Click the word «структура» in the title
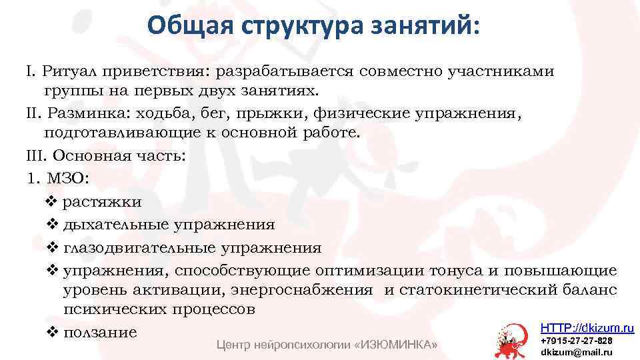[x=297, y=26]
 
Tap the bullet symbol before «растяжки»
[x=54, y=201]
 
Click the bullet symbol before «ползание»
[x=54, y=332]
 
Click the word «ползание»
[x=100, y=332]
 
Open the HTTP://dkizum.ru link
[x=587, y=328]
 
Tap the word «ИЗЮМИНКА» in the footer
[x=398, y=345]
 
